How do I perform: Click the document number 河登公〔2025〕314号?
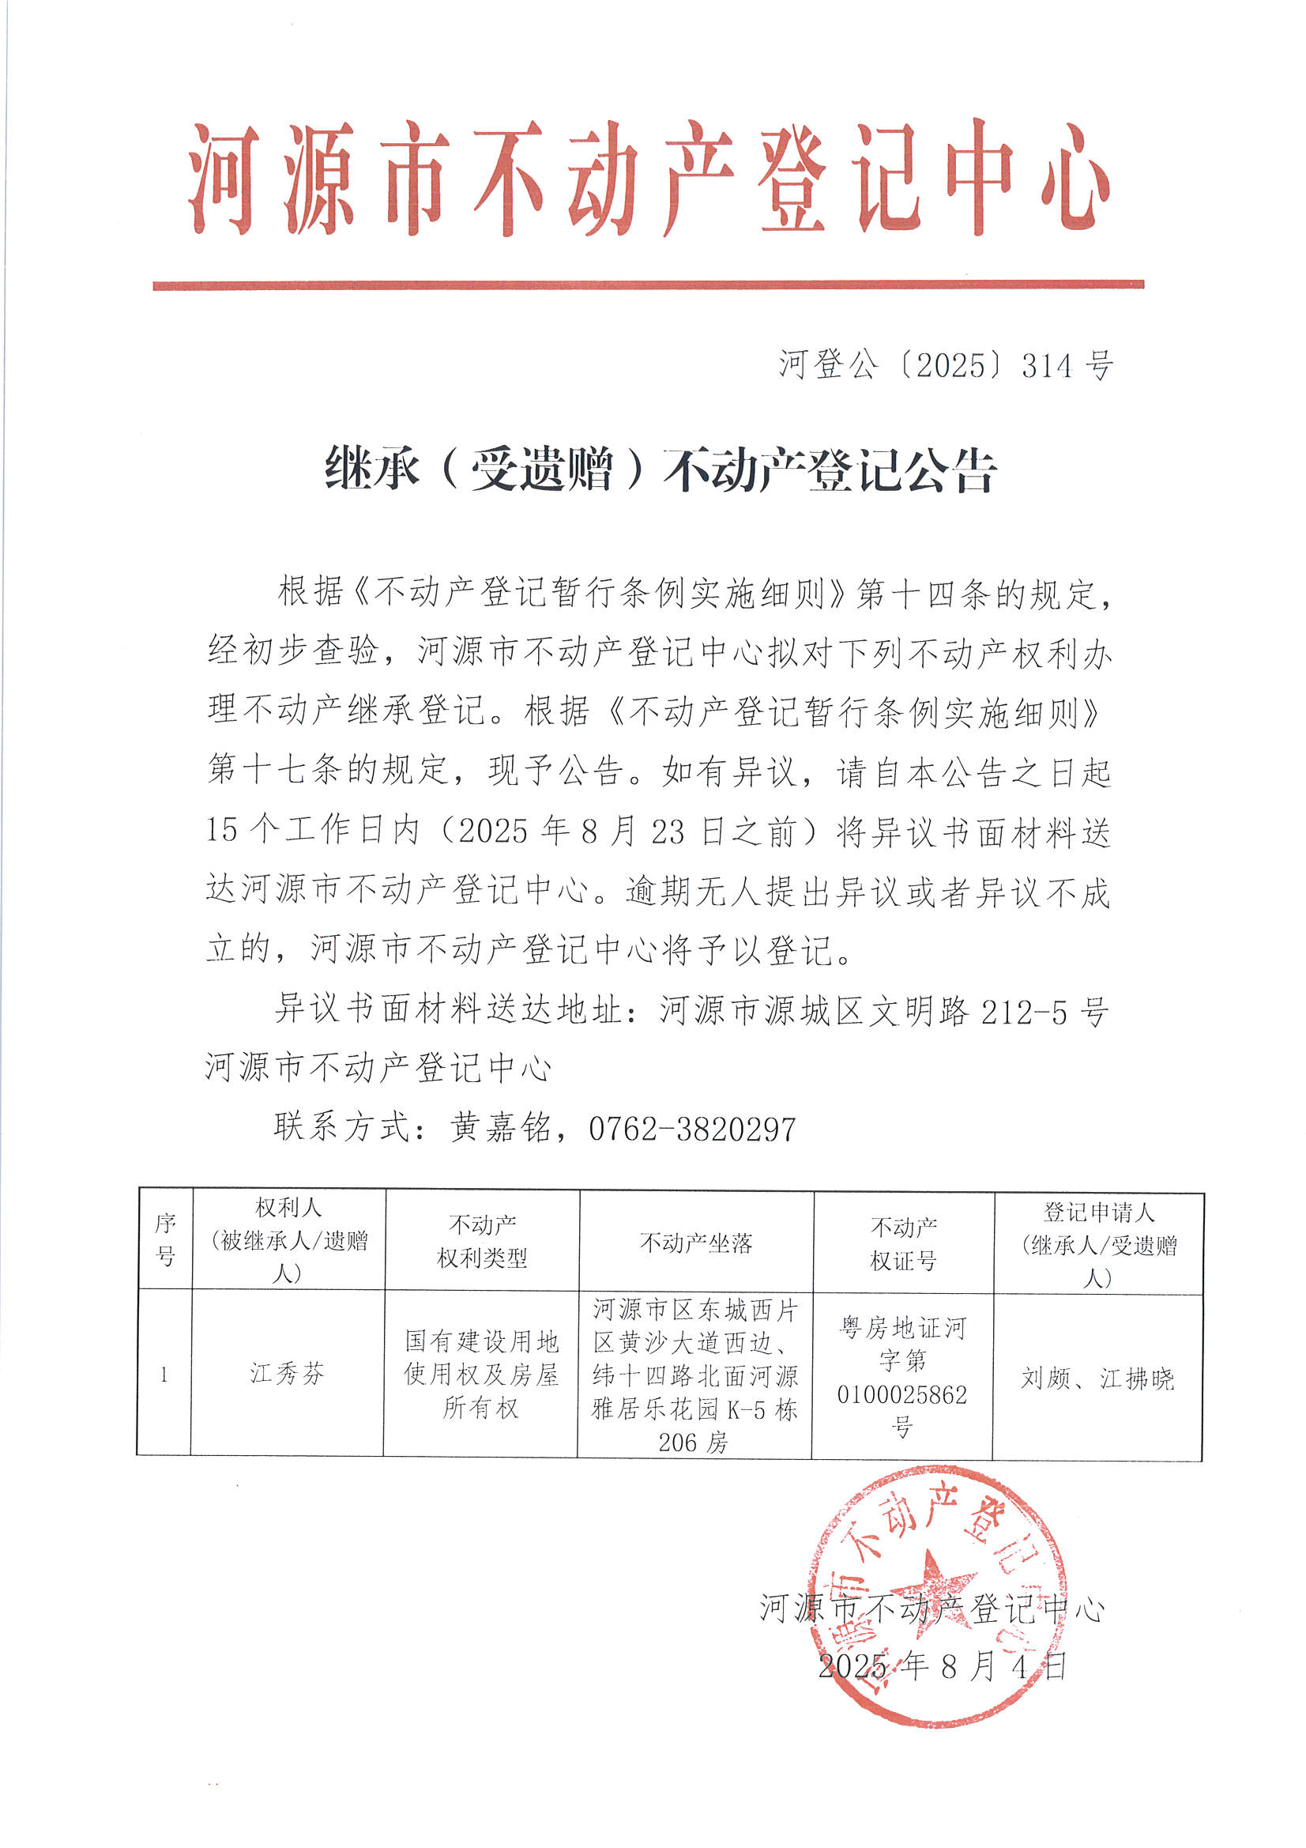[x=946, y=365]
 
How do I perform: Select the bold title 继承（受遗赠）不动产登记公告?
[x=660, y=470]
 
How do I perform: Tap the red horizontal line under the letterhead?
[x=648, y=285]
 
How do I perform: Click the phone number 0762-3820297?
[x=692, y=1129]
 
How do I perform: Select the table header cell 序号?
[x=165, y=1239]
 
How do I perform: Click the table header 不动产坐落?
[x=695, y=1243]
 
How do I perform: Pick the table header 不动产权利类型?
[x=481, y=1241]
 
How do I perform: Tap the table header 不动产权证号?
[x=903, y=1243]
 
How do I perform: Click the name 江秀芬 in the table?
[x=288, y=1373]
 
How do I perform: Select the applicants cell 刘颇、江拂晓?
[x=1097, y=1378]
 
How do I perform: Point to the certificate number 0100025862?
[x=901, y=1394]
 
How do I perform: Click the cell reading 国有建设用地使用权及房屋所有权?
[x=481, y=1374]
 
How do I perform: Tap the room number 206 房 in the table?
[x=692, y=1443]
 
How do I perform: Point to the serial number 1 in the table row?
[x=164, y=1374]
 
